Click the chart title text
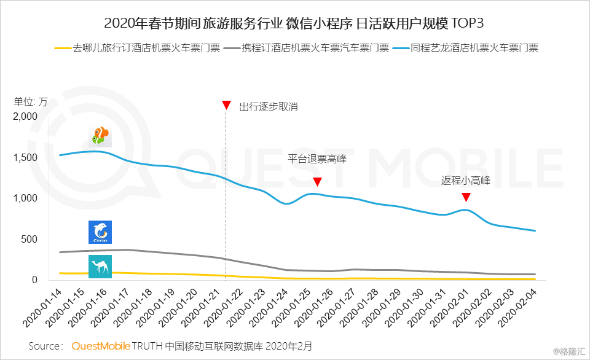[294, 24]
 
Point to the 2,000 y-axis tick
[25, 117]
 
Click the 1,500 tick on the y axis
[25, 158]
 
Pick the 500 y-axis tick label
[29, 239]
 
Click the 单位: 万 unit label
[30, 102]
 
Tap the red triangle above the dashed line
[226, 106]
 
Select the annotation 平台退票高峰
[317, 159]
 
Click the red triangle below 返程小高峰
[466, 197]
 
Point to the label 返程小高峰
[466, 181]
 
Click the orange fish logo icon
[100, 136]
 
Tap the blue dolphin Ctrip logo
[100, 232]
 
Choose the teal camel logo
[100, 267]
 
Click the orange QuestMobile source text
[101, 346]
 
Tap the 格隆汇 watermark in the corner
[569, 352]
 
